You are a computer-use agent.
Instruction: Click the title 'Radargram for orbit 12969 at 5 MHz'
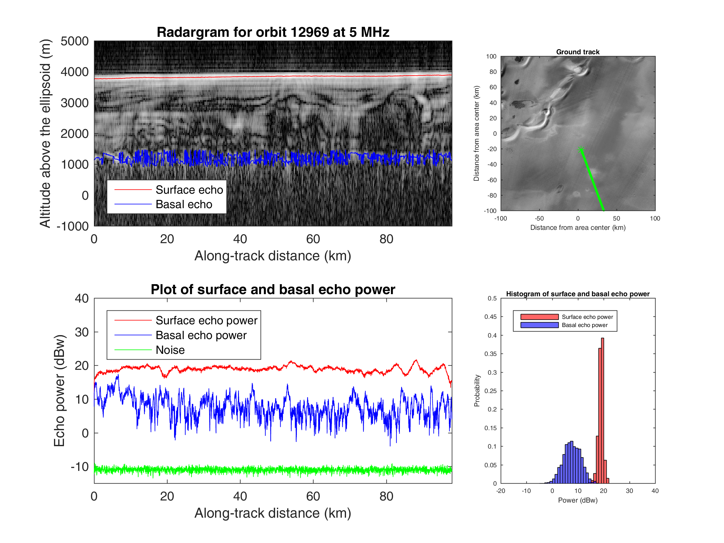coord(273,32)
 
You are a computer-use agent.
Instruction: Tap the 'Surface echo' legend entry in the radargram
coord(189,190)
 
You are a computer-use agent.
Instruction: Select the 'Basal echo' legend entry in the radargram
coord(184,204)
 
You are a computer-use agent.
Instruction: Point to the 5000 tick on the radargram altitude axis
coord(75,41)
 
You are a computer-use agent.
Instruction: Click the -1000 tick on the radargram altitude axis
coord(73,226)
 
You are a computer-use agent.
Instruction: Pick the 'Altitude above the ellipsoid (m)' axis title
coord(45,134)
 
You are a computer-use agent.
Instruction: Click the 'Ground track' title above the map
coord(578,52)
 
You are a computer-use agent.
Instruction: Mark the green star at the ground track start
coord(581,150)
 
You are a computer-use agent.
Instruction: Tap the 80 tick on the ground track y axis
coord(493,72)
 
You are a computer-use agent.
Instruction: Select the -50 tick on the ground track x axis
coord(539,218)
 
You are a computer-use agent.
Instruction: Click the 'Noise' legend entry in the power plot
coord(170,350)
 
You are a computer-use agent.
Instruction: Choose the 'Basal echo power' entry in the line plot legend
coord(201,335)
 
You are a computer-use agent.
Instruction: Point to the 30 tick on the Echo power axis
coord(81,332)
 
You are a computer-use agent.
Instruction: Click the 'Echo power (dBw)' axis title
coord(59,390)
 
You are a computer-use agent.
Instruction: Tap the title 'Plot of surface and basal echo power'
coord(273,289)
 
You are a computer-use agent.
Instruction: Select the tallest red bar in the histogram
coord(602,409)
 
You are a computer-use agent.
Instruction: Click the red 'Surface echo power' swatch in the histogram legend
coord(539,316)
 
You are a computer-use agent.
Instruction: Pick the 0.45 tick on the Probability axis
coord(490,316)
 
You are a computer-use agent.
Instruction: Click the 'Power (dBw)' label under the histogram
coord(578,500)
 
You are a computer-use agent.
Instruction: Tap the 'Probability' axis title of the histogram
coord(477,390)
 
